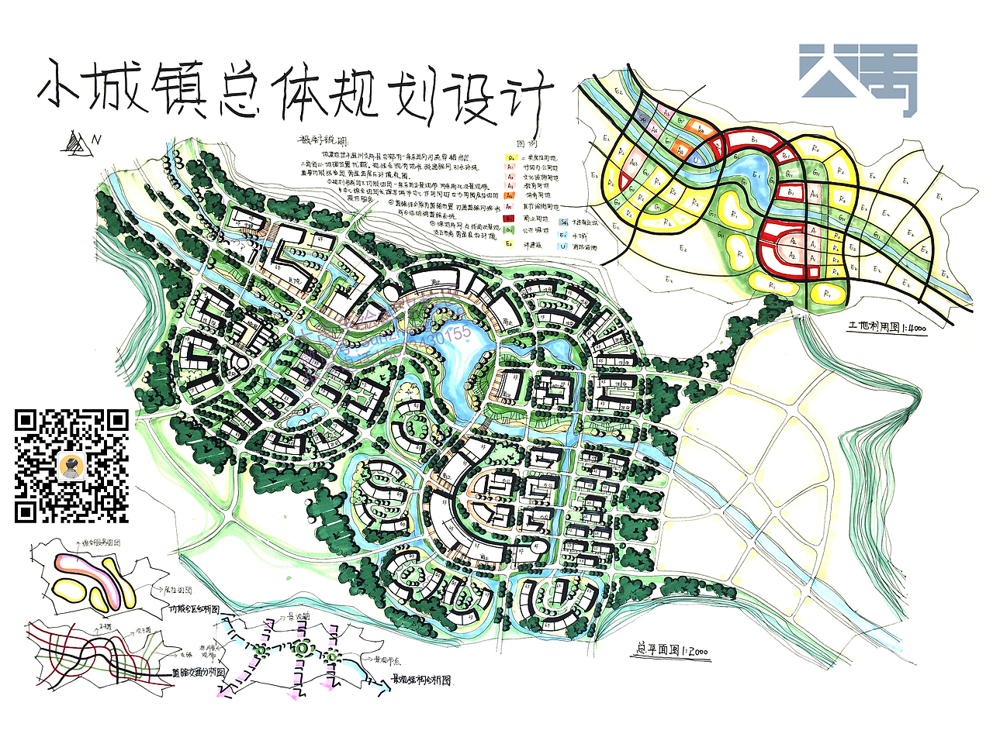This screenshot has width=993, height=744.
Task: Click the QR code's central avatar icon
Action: pyautogui.click(x=72, y=467)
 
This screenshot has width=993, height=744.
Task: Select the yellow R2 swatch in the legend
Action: pyautogui.click(x=510, y=157)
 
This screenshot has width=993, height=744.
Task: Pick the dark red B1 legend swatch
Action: pyautogui.click(x=510, y=219)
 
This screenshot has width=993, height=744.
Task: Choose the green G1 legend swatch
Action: pyautogui.click(x=510, y=230)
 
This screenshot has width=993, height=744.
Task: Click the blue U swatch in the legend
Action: pyautogui.click(x=562, y=246)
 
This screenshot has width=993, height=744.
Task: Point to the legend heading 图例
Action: pyautogui.click(x=528, y=145)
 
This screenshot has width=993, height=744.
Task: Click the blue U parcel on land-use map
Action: pyautogui.click(x=697, y=160)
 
